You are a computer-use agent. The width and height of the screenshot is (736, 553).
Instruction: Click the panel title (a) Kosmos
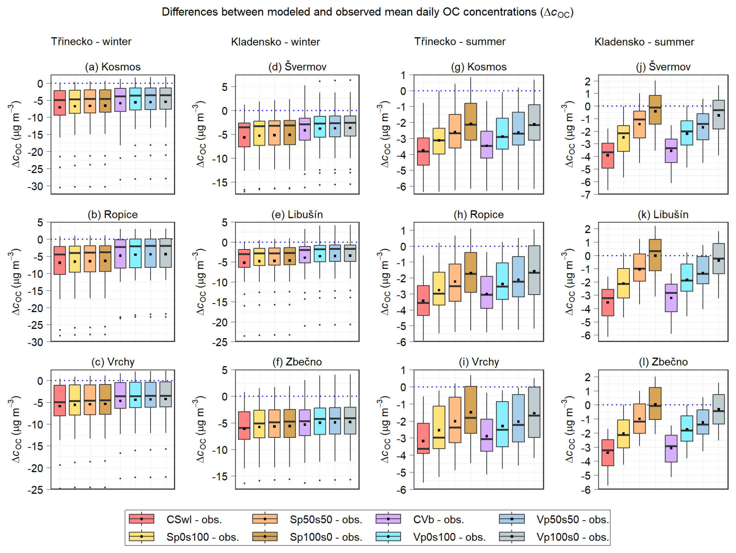tap(113, 67)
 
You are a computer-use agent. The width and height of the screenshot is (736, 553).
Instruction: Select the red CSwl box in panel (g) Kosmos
tap(423, 152)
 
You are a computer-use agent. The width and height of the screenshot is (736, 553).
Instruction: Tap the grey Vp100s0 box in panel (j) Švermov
tap(718, 114)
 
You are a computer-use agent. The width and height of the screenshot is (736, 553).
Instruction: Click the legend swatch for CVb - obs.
tap(388, 519)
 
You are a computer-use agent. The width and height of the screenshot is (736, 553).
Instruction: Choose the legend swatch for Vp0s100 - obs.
tap(388, 537)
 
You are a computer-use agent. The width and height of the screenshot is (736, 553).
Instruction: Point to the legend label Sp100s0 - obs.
tap(326, 537)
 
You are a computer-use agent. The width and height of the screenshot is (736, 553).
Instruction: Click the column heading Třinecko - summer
tap(460, 42)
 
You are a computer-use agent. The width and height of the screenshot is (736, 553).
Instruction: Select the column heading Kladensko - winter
tap(275, 42)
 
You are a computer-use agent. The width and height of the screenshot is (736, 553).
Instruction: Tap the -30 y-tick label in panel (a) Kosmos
tap(35, 187)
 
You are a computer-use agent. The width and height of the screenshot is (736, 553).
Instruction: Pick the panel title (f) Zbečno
tap(297, 362)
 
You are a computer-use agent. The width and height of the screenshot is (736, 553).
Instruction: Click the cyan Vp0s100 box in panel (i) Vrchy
tap(502, 424)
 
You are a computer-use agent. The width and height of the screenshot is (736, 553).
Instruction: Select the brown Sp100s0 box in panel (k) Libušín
tap(655, 255)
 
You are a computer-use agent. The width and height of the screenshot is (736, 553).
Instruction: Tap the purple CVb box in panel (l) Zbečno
tap(671, 448)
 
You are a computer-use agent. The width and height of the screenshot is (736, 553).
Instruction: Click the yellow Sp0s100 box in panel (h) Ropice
tap(439, 288)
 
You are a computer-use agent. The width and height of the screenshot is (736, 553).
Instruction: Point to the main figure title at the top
tap(368, 12)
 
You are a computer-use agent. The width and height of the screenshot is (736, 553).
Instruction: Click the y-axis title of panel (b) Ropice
tap(16, 282)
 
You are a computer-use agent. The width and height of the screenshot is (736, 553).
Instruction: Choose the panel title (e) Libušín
tap(297, 214)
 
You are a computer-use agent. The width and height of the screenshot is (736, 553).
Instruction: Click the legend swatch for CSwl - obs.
tap(142, 519)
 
